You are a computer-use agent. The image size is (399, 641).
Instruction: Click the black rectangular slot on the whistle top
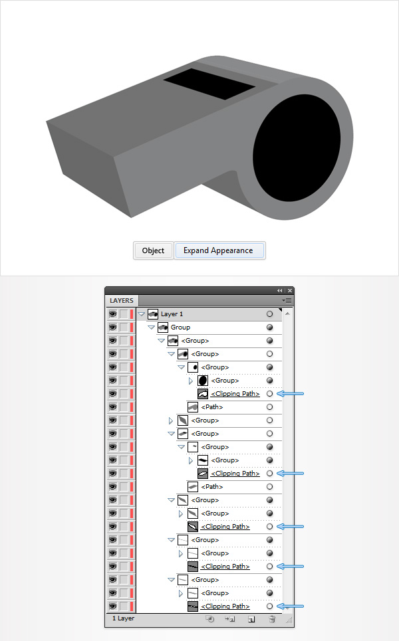(209, 84)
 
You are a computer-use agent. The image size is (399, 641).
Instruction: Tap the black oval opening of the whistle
(297, 147)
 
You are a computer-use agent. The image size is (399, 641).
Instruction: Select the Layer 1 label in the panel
(172, 314)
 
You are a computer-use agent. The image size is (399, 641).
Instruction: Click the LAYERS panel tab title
(122, 300)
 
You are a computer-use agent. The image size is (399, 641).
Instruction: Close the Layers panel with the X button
(290, 291)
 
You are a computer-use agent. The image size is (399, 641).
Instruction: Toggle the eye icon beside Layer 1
(113, 314)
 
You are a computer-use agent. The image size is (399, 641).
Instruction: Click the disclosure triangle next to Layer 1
(142, 314)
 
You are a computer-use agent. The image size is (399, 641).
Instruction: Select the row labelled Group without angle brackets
(180, 327)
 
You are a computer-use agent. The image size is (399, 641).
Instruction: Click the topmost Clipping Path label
(235, 394)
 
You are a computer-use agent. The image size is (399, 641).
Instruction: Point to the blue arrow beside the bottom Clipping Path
(290, 606)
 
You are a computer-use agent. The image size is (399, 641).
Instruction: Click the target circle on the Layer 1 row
(269, 314)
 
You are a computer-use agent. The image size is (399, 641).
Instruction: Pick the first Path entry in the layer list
(212, 407)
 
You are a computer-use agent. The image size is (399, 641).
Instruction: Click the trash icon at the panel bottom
(272, 619)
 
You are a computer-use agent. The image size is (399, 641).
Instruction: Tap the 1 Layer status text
(123, 618)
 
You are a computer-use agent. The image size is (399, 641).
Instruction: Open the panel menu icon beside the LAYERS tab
(287, 300)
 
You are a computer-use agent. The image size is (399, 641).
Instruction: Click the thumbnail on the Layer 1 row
(153, 314)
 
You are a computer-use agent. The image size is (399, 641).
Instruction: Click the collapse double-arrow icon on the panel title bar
(280, 291)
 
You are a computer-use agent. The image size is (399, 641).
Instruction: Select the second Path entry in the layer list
(212, 487)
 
